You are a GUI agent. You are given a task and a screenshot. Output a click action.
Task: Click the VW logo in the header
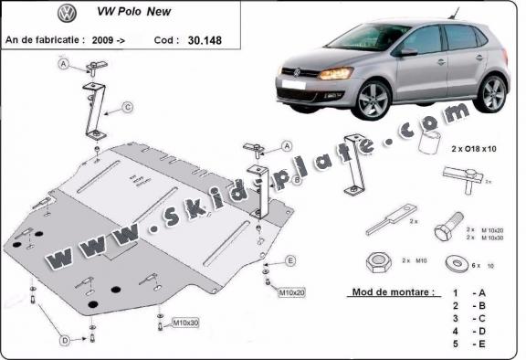[x=67, y=15]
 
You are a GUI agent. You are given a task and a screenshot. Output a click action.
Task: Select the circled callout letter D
[x=65, y=341]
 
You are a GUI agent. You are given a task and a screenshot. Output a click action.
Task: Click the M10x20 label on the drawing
[x=293, y=292]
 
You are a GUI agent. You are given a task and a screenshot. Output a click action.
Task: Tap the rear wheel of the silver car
[x=492, y=93]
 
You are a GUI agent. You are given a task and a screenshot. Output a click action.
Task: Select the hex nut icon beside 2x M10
[x=376, y=263]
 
